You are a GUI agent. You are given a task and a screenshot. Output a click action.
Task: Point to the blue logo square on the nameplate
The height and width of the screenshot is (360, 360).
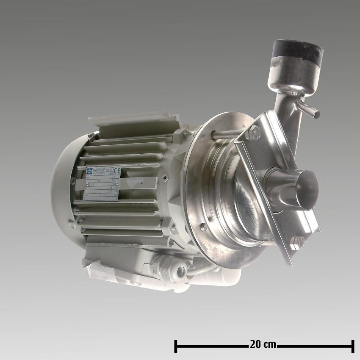(89, 171)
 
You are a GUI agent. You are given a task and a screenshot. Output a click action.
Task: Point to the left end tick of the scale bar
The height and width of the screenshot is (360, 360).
(175, 346)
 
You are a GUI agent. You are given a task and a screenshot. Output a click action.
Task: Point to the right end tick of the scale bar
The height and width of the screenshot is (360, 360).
(352, 346)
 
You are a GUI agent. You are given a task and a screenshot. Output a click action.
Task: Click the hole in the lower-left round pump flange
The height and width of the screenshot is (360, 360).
(204, 227)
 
